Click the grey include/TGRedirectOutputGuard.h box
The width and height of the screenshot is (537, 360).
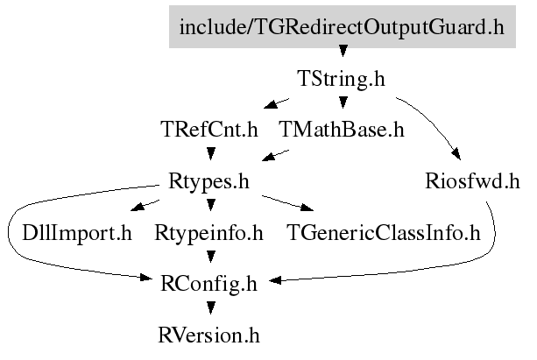(343, 27)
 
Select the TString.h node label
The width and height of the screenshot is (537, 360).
(342, 79)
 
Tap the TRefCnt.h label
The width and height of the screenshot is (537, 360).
(209, 130)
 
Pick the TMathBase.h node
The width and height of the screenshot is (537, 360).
(342, 130)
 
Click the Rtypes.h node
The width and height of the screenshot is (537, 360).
(208, 181)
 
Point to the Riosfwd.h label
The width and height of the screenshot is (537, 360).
(472, 180)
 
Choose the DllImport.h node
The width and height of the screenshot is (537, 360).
(77, 233)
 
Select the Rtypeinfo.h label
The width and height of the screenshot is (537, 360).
(208, 233)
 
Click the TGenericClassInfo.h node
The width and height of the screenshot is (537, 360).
(384, 233)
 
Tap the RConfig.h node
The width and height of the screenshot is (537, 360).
(208, 284)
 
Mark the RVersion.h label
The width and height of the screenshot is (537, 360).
(208, 335)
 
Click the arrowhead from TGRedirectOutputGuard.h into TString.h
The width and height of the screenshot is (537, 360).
(343, 51)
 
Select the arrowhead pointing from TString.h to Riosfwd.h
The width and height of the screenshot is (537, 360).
(456, 154)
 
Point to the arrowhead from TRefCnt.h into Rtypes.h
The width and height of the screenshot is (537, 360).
(210, 153)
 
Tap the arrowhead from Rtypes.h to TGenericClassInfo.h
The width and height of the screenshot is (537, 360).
(307, 208)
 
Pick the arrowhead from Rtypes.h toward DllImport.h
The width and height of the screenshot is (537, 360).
(138, 207)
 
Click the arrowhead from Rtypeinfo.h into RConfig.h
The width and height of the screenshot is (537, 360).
(210, 257)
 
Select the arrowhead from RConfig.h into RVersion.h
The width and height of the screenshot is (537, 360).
(210, 308)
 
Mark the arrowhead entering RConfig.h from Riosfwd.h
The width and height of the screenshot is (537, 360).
(275, 280)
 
